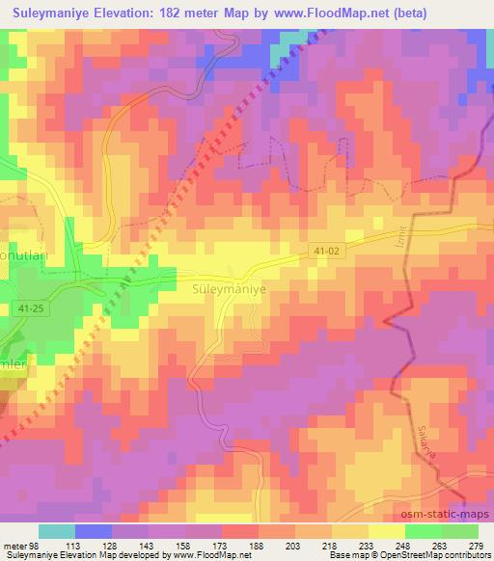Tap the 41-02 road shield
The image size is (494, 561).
[325, 248]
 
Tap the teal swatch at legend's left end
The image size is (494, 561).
[57, 530]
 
